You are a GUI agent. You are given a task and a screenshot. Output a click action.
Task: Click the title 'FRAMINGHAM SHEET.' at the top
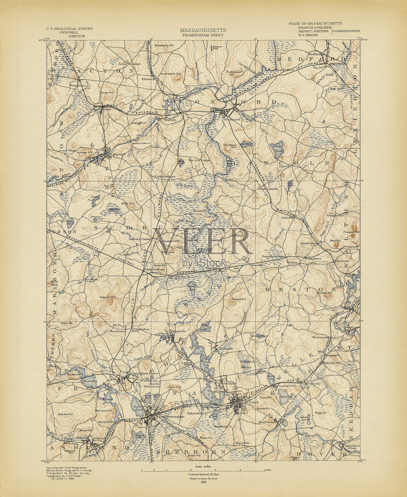click(x=203, y=35)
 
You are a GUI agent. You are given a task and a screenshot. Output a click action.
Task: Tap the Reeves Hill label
click(x=239, y=299)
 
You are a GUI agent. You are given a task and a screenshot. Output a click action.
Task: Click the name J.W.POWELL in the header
click(x=69, y=32)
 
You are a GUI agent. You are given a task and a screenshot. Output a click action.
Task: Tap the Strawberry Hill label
click(x=163, y=45)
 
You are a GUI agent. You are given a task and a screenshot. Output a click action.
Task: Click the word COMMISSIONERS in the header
click(x=347, y=31)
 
